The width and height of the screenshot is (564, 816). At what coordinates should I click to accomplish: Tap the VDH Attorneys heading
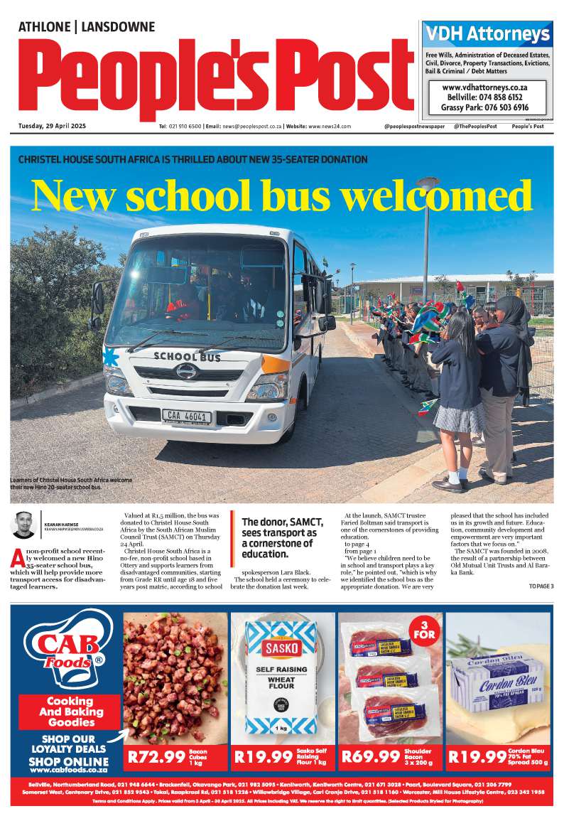click(487, 34)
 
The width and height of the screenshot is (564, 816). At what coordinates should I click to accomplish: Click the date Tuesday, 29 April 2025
click(52, 127)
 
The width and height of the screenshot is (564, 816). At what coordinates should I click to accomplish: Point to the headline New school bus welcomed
click(281, 194)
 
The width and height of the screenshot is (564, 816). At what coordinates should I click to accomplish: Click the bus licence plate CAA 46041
click(187, 417)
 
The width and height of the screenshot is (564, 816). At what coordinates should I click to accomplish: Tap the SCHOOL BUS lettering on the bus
click(188, 356)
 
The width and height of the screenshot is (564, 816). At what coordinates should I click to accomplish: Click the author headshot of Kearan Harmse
click(24, 525)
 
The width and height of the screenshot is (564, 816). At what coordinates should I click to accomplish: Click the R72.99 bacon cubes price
click(156, 757)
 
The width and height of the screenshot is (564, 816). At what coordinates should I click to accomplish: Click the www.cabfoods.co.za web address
click(69, 770)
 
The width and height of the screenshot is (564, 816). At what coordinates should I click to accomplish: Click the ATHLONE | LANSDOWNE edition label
click(86, 27)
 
